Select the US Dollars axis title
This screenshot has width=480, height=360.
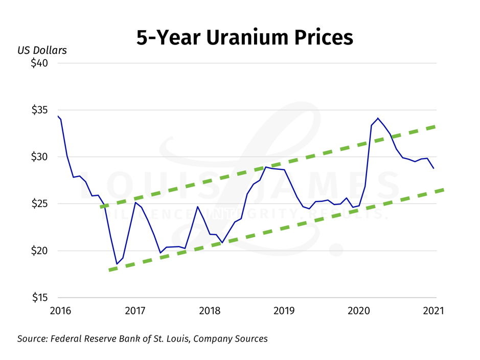42,51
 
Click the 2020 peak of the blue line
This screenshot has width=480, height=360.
378,118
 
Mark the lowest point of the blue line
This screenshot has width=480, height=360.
117,264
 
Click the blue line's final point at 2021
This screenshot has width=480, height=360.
434,168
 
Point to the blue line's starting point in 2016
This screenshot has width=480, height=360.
58,117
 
